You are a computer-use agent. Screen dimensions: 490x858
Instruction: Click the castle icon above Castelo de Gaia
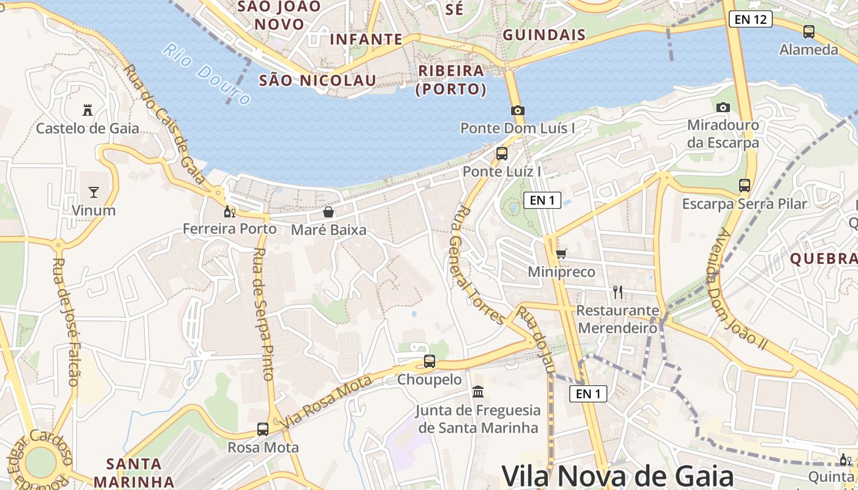click(x=88, y=110)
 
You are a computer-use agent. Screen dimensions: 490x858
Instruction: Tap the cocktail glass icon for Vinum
click(x=94, y=192)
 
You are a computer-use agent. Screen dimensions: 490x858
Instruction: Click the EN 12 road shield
click(x=750, y=19)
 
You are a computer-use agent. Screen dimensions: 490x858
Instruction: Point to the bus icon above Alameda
click(x=809, y=32)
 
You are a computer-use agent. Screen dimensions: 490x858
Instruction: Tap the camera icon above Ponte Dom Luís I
click(x=518, y=110)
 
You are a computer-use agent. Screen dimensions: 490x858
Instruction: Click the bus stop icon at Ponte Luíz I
click(x=502, y=153)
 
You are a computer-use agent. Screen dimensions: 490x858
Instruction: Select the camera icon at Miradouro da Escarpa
click(x=723, y=107)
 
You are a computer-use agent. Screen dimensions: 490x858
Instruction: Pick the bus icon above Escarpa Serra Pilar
click(x=745, y=185)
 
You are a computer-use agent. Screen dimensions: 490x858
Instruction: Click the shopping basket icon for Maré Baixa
click(x=328, y=212)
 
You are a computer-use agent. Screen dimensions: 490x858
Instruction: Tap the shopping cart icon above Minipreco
click(x=561, y=253)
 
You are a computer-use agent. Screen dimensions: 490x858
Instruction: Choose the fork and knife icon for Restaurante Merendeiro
click(x=618, y=292)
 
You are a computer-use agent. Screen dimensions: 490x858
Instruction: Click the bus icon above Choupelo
click(x=430, y=361)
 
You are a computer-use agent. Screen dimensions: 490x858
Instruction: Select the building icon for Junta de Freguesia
click(x=478, y=391)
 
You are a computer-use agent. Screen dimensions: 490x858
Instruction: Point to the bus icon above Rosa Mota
click(x=263, y=429)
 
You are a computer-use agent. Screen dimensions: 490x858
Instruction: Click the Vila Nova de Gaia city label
click(x=618, y=475)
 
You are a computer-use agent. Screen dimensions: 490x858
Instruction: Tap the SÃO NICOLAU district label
click(x=317, y=80)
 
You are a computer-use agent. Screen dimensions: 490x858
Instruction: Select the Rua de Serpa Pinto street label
click(x=262, y=314)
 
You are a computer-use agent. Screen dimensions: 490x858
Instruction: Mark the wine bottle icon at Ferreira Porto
click(x=230, y=212)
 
